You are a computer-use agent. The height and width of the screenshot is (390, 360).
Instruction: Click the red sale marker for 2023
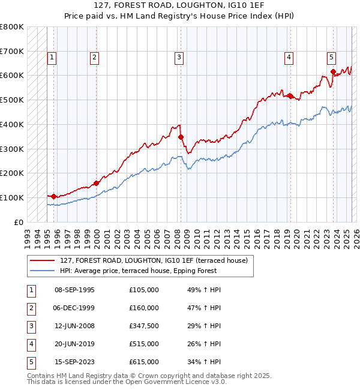[x=333, y=72]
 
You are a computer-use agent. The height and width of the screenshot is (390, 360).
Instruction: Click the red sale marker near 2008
[x=181, y=137]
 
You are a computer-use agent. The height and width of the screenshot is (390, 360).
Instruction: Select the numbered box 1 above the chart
[x=52, y=58]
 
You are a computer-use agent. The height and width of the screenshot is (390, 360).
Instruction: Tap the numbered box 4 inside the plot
[x=289, y=58]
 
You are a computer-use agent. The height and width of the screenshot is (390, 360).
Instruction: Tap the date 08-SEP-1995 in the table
[x=74, y=290]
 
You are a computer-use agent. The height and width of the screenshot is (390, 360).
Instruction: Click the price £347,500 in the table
[x=144, y=326]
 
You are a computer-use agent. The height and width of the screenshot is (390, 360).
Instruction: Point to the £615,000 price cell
[x=144, y=362]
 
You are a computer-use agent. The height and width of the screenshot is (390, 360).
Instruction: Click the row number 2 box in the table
[x=31, y=308]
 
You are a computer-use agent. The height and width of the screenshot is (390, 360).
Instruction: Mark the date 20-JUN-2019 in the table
[x=74, y=344]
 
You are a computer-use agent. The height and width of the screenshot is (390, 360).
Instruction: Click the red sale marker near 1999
[x=96, y=183]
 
